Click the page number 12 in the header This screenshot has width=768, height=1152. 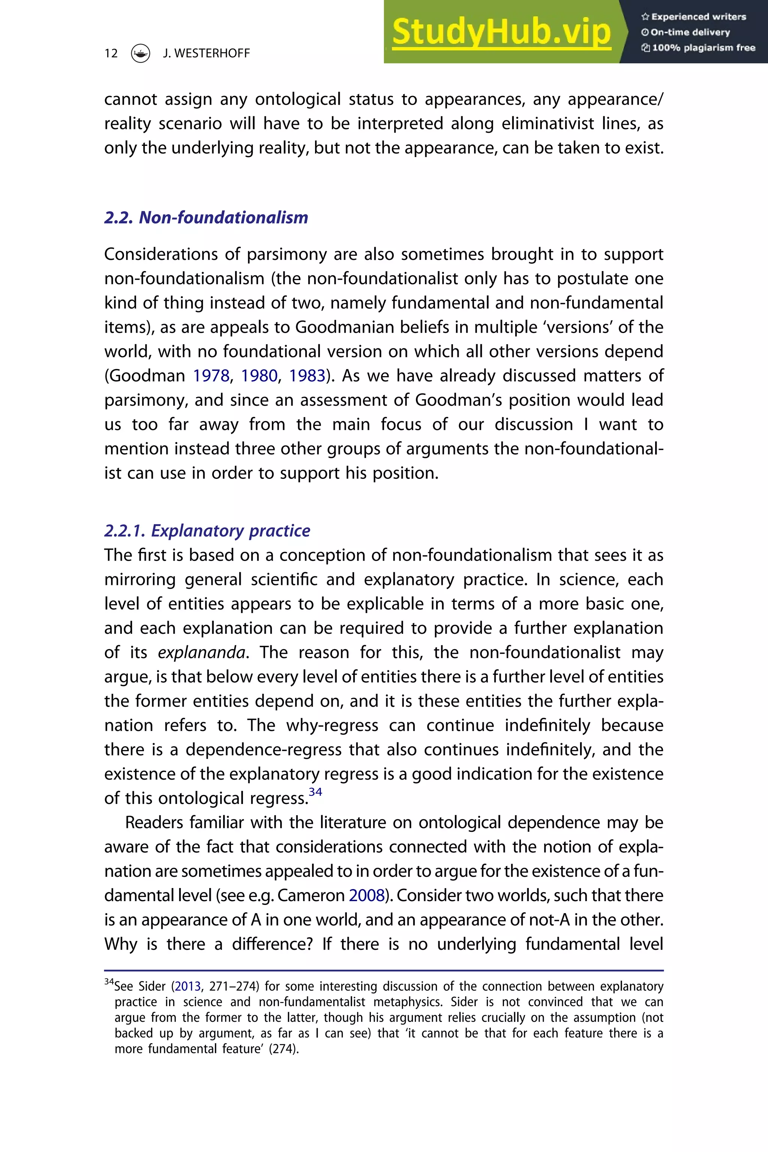tap(111, 53)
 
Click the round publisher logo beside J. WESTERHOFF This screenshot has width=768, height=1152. tap(141, 53)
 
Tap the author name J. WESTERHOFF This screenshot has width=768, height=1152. tap(206, 53)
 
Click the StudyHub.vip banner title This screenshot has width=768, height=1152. tap(501, 32)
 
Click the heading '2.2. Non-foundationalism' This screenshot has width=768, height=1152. tap(206, 217)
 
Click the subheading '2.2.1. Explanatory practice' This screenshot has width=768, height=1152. tap(207, 531)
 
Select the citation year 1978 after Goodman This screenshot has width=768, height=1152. tap(211, 376)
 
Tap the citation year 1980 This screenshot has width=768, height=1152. tap(259, 376)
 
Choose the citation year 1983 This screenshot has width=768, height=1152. tap(307, 376)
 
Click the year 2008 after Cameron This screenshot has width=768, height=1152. tap(366, 895)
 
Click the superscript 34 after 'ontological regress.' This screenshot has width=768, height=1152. tap(315, 792)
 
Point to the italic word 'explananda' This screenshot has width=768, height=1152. tap(201, 652)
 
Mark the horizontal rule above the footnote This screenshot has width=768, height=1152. tap(384, 970)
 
